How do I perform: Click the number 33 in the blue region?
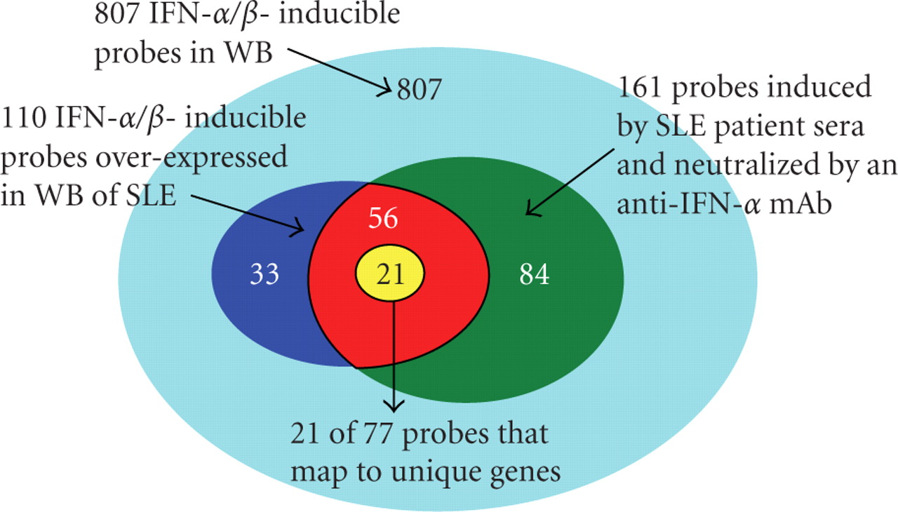[264, 274]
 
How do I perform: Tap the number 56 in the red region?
[384, 219]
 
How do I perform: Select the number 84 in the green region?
[535, 274]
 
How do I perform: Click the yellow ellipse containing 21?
[390, 275]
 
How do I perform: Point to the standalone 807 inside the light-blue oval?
[420, 89]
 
